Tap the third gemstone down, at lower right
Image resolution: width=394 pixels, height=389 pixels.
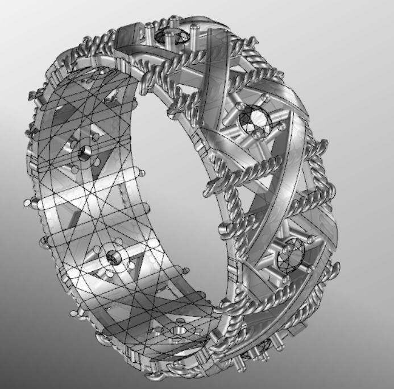click(x=290, y=254)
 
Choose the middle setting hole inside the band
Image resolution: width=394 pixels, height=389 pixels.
click(x=114, y=257)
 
